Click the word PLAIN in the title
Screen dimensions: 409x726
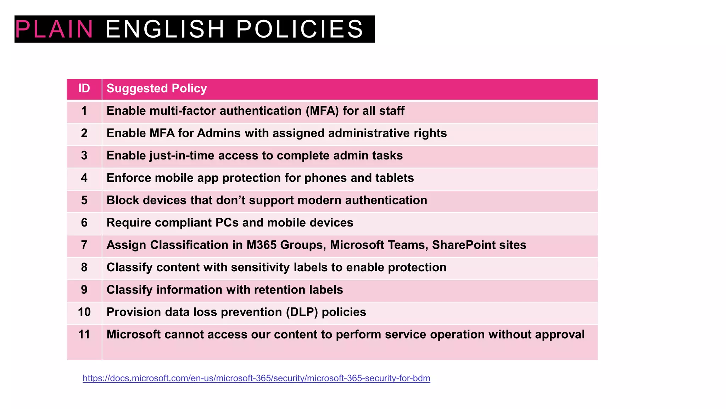coord(54,29)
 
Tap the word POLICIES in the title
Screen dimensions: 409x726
coord(300,29)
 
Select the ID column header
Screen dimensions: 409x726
coord(84,88)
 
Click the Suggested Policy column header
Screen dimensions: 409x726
coord(157,88)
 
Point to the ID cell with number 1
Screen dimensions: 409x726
coord(84,111)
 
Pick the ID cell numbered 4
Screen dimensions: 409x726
coord(84,178)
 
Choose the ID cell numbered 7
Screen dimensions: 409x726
coord(84,245)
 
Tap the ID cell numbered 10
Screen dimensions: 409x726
coord(84,312)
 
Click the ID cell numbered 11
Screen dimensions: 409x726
coord(84,334)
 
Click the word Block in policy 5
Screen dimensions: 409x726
coord(123,200)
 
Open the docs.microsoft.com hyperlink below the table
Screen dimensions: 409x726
coord(256,378)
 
